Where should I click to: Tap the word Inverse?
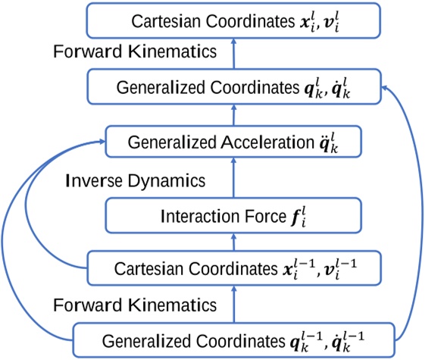91,181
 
